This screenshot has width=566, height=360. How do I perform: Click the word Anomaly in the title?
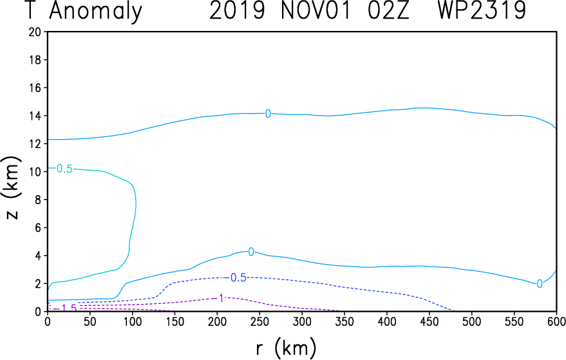pos(96,12)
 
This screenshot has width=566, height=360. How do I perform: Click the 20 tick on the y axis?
pos(36,32)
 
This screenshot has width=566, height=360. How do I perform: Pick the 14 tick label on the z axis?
pos(36,116)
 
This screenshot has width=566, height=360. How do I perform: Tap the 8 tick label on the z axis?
pos(39,200)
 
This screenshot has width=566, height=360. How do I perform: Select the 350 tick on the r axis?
pos(344,321)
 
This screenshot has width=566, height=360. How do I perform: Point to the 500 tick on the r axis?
pos(472,321)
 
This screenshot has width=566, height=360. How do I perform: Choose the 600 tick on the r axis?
pos(556,321)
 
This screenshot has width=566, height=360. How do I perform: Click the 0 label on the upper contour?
pos(268,114)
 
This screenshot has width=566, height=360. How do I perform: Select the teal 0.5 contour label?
pos(64,169)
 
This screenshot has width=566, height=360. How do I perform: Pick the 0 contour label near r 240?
pos(251,251)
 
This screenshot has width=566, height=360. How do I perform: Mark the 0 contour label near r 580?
pos(540,284)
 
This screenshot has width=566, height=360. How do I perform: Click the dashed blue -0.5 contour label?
pos(237,278)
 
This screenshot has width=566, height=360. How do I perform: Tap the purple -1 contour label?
pos(220,298)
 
